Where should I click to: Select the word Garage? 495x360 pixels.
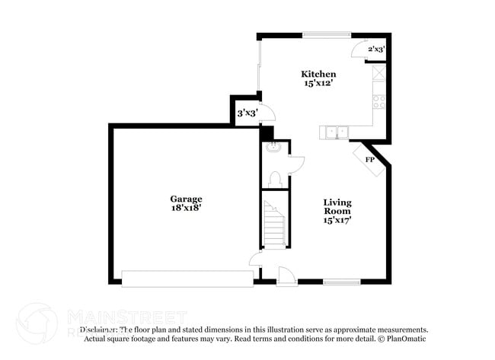point(186,199)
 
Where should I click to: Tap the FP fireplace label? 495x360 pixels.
point(370,160)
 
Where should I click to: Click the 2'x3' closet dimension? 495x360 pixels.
point(376,49)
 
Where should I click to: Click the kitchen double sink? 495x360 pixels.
point(335,132)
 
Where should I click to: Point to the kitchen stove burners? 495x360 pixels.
point(378,100)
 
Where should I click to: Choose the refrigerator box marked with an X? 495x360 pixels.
point(379,72)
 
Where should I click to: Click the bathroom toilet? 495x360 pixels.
point(276,180)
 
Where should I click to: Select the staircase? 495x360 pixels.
point(273,225)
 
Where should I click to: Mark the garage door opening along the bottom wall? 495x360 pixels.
point(187,278)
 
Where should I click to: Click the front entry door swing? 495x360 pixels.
point(286,276)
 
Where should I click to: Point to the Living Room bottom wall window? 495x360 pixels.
point(341,282)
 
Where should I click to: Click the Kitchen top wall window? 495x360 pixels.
point(326,33)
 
